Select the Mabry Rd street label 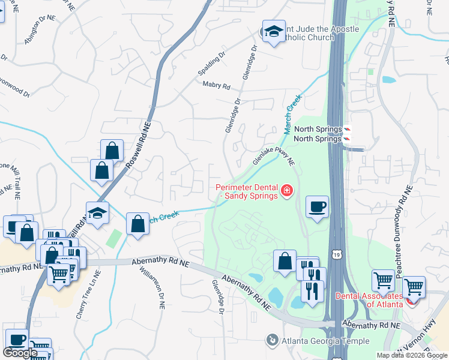[x=216, y=86]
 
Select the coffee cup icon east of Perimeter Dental [x=317, y=207]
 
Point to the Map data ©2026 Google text [x=411, y=355]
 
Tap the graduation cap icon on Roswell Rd [x=97, y=213]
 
